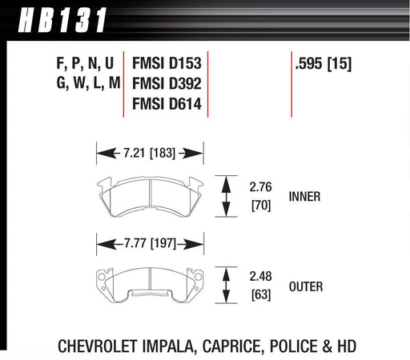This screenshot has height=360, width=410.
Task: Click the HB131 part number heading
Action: point(62,20)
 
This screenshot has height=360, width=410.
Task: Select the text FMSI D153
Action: point(167,63)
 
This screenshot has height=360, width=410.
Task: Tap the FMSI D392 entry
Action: point(167,84)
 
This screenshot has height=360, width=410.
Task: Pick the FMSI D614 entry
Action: point(167,104)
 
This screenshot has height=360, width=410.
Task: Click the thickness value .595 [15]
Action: point(324,64)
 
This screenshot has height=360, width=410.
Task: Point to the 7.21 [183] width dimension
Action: point(149,154)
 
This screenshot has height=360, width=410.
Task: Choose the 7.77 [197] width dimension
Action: point(150,243)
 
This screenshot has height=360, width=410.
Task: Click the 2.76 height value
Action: point(260,187)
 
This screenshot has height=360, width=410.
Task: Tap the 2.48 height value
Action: point(260,276)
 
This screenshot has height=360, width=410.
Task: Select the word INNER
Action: point(304,197)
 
